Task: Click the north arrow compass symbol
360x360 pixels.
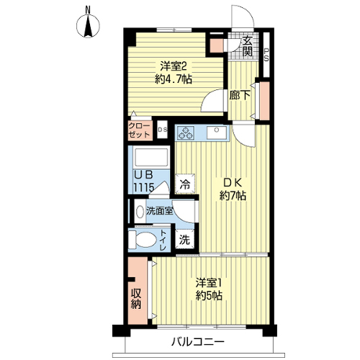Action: (88, 25)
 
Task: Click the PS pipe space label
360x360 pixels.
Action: (266, 55)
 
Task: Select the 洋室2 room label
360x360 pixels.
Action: (174, 66)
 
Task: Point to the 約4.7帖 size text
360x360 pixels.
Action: (174, 78)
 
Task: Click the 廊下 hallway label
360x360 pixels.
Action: (240, 95)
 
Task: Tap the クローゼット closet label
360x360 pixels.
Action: (140, 130)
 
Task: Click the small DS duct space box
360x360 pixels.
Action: (162, 130)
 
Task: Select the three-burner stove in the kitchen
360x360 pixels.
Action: (186, 133)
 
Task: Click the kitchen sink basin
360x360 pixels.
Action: (217, 132)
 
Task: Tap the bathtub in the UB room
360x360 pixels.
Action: (151, 157)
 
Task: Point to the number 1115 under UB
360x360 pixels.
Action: (144, 187)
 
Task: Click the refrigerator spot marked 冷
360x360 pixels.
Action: (185, 184)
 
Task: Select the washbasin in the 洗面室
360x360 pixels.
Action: (140, 211)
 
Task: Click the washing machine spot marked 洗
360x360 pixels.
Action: (184, 240)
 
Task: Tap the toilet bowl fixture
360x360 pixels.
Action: (143, 239)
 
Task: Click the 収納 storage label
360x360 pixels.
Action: (136, 298)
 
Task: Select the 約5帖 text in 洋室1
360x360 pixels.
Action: (209, 295)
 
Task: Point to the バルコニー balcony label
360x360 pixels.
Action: (198, 341)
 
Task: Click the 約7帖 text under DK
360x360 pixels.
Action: (233, 196)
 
